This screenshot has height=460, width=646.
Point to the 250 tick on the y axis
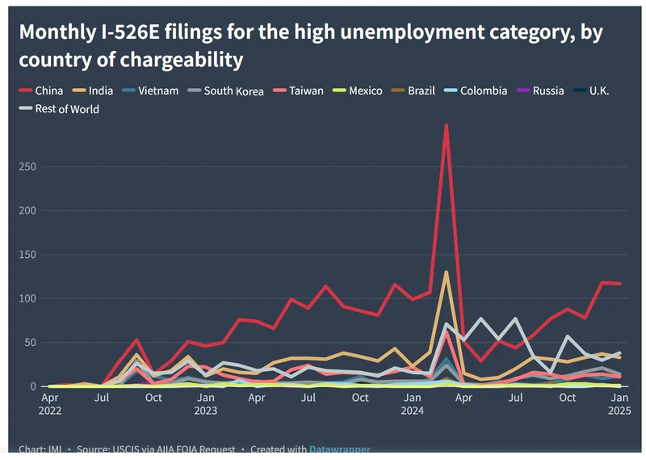click(29, 167)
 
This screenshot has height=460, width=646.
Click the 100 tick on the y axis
click(29, 298)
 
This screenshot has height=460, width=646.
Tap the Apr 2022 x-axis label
click(49, 403)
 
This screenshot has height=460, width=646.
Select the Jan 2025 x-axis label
click(619, 403)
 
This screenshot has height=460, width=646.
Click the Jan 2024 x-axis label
click(413, 403)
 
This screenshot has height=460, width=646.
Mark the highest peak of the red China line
click(447, 125)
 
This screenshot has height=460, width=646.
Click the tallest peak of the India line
click(447, 272)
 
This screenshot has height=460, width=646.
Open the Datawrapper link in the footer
click(339, 449)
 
